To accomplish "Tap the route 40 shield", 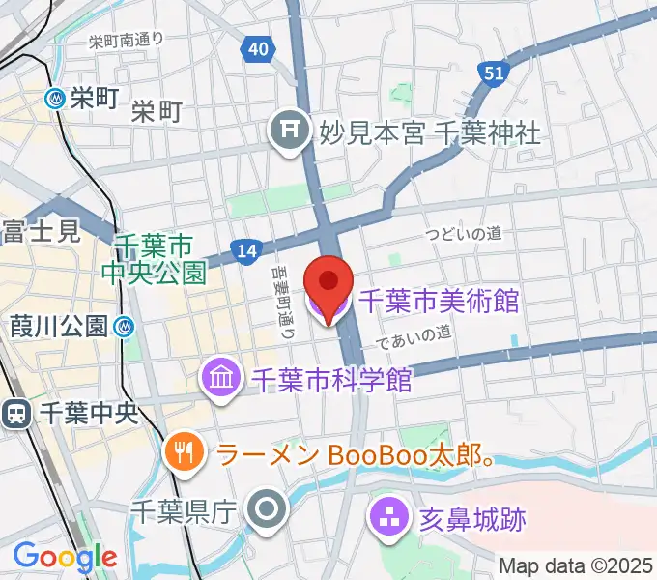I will coord(256,48).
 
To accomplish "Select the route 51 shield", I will coord(493,72).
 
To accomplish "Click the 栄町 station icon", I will coord(56,98).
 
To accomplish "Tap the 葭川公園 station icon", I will coord(124,327).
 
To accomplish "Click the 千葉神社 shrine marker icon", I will coord(288,127).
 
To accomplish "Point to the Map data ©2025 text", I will coord(576,565).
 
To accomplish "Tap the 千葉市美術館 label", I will coord(439,303).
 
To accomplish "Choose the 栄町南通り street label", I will coord(126,41).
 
